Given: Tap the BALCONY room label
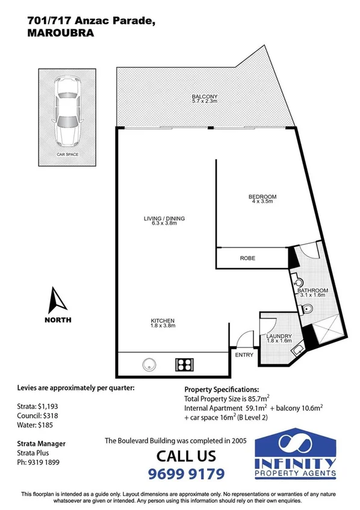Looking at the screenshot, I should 204,97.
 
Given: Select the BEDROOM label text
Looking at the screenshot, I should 262,197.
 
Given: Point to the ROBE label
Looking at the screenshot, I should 247,258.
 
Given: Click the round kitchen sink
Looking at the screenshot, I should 149,364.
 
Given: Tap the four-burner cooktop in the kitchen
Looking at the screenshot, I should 183,364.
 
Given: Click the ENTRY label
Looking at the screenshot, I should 244,355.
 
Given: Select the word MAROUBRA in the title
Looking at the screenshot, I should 60,34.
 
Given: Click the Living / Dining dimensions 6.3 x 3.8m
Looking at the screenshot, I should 164,224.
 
